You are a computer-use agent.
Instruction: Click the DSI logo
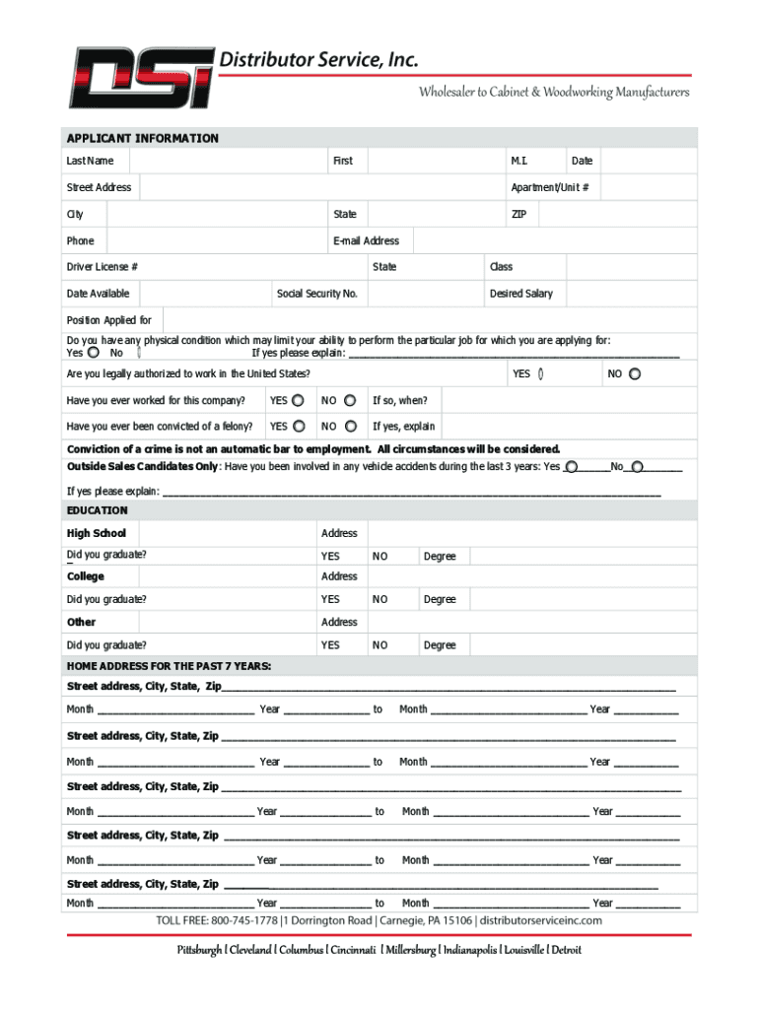tap(140, 78)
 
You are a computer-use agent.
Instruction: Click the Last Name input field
tap(227, 161)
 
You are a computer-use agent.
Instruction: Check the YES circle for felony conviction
tap(298, 427)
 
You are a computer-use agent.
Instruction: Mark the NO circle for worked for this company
tap(356, 401)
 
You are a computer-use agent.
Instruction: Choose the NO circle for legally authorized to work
tap(635, 373)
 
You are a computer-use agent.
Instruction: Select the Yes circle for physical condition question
tap(93, 353)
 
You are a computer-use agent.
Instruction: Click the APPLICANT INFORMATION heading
tap(142, 138)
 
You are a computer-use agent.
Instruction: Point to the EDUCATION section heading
tap(97, 510)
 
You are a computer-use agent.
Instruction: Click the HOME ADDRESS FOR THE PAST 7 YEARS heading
tap(169, 666)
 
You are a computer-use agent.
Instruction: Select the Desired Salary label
tap(520, 294)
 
